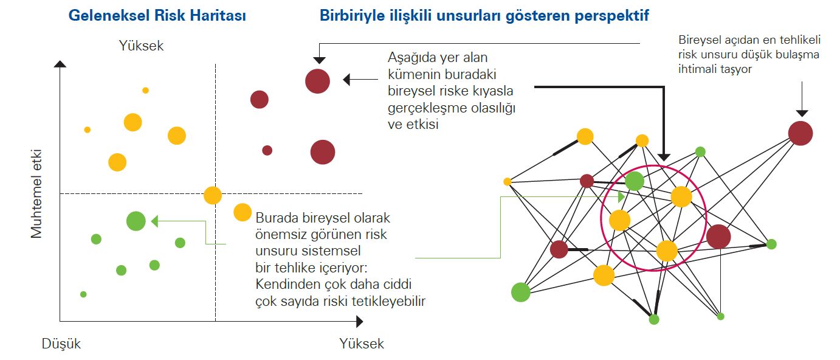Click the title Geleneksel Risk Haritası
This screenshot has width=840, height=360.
(157, 16)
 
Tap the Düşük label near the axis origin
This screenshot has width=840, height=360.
(61, 344)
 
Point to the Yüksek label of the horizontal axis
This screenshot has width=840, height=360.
(362, 344)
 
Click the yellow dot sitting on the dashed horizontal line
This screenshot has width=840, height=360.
(212, 195)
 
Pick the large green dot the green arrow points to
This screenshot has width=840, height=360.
(136, 221)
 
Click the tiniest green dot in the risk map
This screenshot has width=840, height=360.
(83, 294)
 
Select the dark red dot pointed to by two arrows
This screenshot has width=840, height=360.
(317, 81)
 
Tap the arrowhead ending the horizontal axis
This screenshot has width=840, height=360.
(359, 320)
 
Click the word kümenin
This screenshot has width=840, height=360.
(413, 75)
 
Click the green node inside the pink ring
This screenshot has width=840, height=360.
(634, 181)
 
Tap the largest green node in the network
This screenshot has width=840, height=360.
(520, 292)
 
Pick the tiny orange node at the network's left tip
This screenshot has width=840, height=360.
(508, 181)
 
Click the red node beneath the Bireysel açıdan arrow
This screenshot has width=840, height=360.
(800, 133)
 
